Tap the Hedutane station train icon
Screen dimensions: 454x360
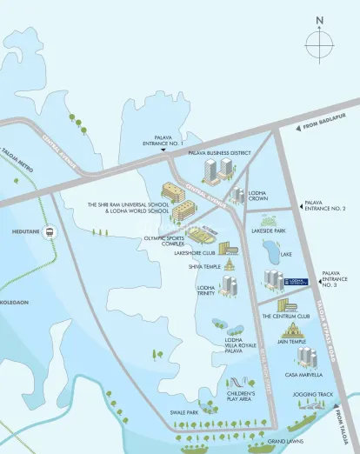(x=50, y=233)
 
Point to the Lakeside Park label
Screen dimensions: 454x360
(x=269, y=231)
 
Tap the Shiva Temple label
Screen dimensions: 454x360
(x=205, y=267)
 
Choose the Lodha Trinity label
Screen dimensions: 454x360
(x=206, y=291)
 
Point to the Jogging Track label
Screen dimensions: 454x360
(x=313, y=395)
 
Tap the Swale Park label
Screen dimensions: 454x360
(x=185, y=412)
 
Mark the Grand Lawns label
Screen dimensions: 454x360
(x=284, y=441)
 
